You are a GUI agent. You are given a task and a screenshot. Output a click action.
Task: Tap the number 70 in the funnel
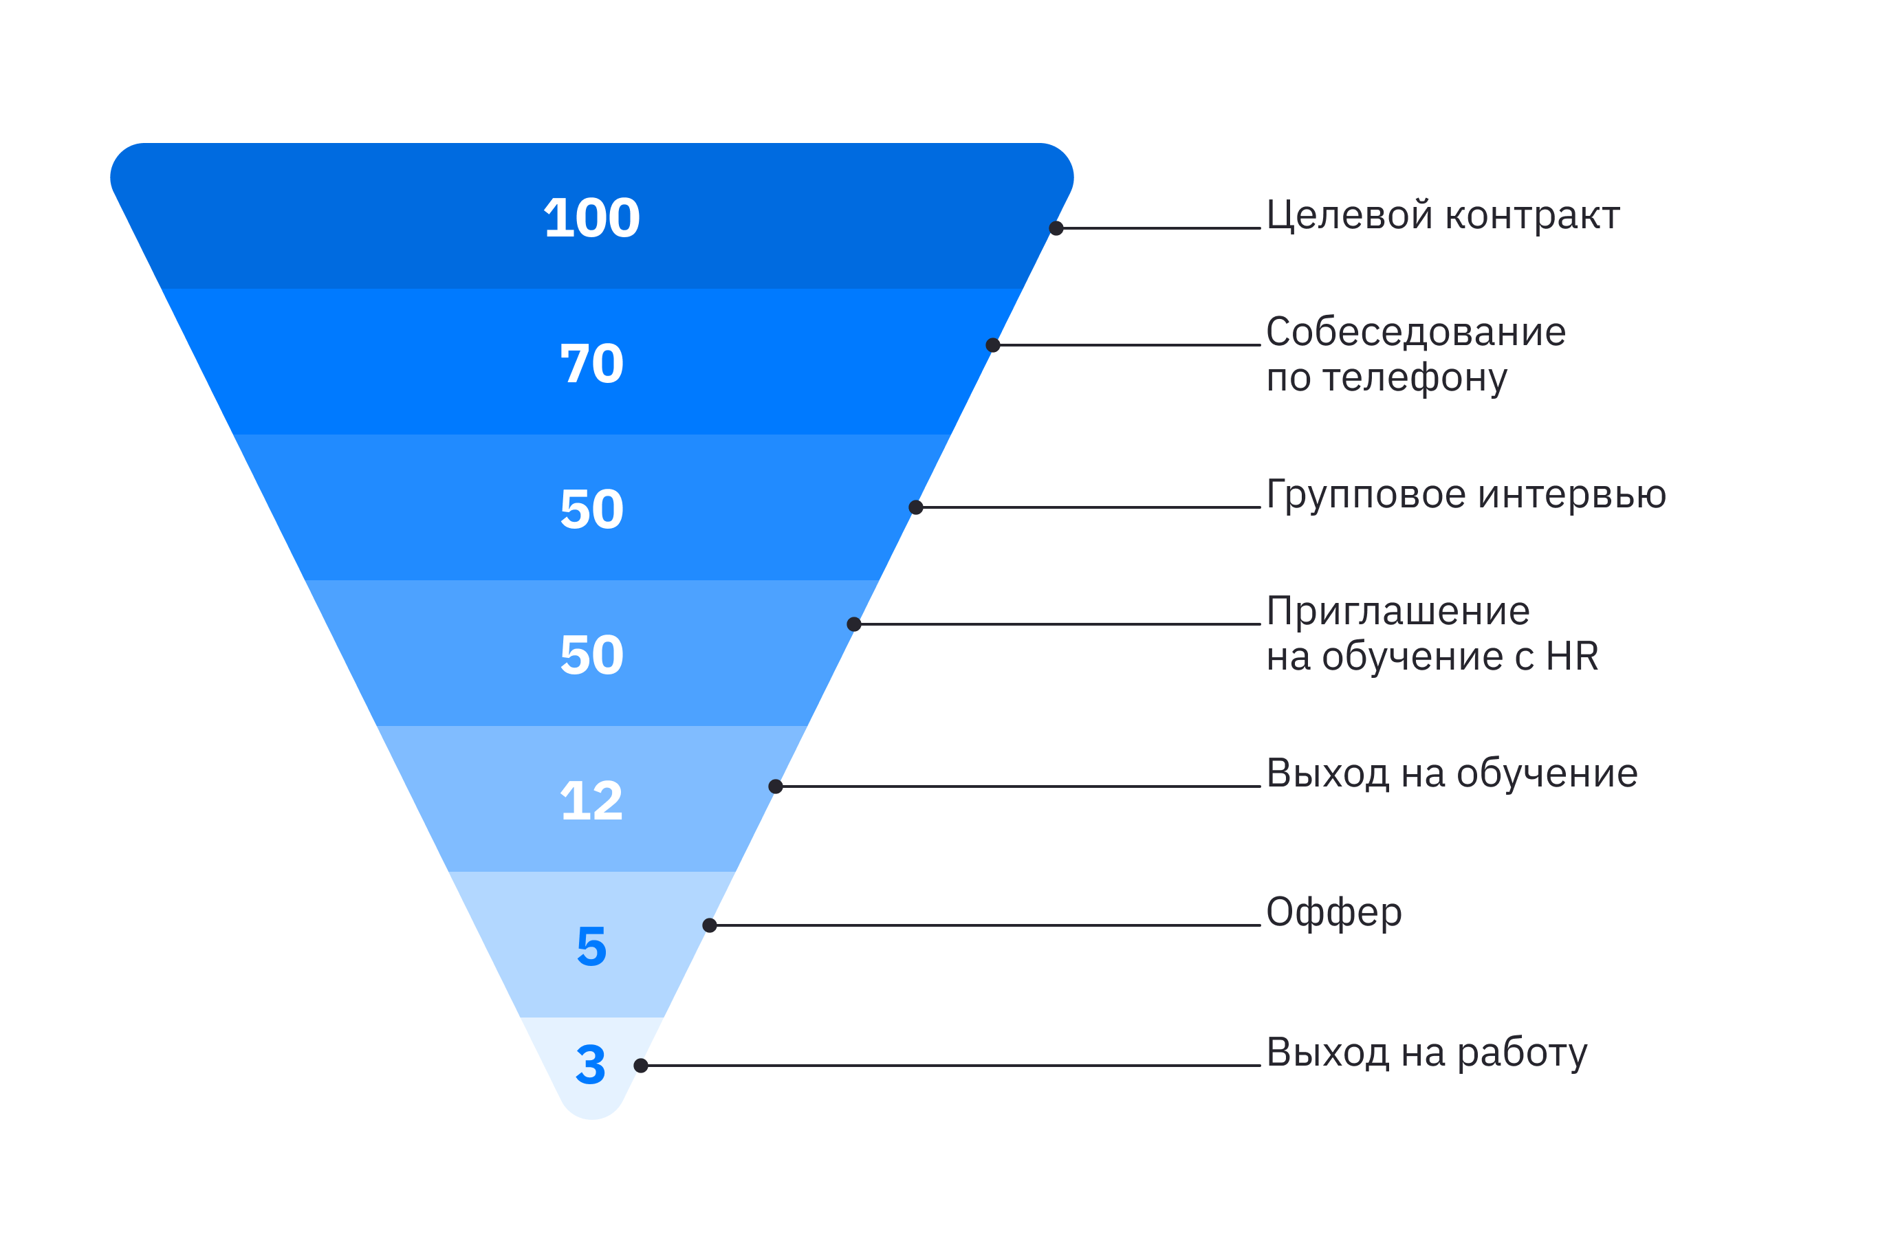pos(591,363)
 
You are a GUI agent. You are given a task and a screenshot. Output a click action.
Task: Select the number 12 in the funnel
pos(591,800)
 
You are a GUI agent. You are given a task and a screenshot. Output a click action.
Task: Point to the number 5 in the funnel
pos(591,946)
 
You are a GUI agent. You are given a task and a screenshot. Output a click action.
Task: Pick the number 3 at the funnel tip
pos(590,1064)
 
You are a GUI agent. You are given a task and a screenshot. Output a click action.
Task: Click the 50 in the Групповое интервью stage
pos(591,509)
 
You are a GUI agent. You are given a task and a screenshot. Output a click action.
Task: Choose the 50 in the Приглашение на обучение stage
pos(591,655)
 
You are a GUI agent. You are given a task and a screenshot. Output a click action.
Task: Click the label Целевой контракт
pos(1442,215)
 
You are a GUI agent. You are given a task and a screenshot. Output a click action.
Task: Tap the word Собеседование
pos(1416,331)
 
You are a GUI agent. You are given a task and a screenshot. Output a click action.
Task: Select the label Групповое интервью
pos(1466,494)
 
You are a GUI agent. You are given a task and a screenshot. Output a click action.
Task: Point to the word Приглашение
pos(1398,611)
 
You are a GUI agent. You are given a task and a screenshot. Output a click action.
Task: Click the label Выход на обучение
pos(1452,773)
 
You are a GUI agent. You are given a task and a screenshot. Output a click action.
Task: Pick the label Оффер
pos(1334,912)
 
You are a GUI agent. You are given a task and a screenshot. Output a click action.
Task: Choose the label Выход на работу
pos(1427,1053)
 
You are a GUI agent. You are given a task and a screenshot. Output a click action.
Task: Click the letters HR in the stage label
pos(1572,656)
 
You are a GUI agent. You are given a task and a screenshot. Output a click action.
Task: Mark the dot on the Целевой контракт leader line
pos(1056,229)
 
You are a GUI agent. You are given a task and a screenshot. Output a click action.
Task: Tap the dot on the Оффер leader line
pos(710,925)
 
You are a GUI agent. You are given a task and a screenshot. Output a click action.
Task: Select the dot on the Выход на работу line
pos(641,1065)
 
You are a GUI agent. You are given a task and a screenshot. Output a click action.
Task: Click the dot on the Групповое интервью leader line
pos(916,507)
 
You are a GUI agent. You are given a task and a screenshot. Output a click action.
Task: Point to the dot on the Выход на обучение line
pos(775,786)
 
